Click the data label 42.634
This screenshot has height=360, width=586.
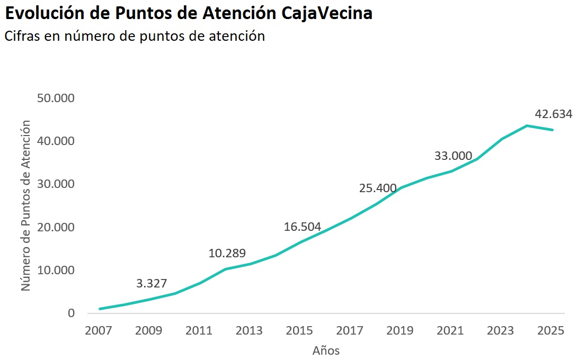tap(554, 114)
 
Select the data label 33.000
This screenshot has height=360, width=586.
tap(453, 156)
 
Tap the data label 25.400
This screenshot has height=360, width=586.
tap(378, 188)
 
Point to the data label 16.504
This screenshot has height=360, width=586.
tap(303, 227)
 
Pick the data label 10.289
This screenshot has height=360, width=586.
tap(227, 253)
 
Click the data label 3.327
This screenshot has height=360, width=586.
tap(152, 283)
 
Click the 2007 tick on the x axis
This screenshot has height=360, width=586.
tap(99, 331)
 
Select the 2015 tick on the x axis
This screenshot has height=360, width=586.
tap(299, 331)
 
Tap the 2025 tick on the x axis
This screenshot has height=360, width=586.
tap(551, 331)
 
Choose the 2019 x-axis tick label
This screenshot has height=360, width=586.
tap(400, 331)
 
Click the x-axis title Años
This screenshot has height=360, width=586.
tap(326, 350)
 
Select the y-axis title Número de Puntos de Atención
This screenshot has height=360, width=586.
tap(25, 205)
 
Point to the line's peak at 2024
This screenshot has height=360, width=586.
tap(527, 125)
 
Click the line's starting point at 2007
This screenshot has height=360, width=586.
tap(99, 309)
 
